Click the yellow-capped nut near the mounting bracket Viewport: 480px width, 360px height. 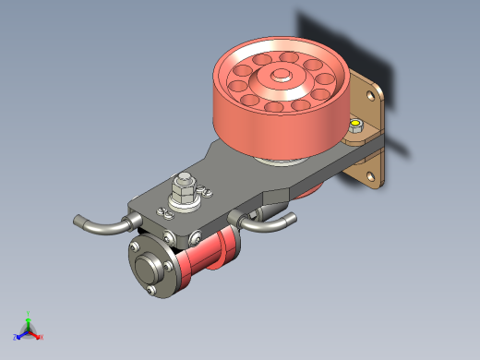355,126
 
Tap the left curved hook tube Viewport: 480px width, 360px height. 100,225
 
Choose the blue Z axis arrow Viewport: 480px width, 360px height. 18,336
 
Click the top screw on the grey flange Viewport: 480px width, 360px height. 137,247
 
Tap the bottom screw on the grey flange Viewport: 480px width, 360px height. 148,294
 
